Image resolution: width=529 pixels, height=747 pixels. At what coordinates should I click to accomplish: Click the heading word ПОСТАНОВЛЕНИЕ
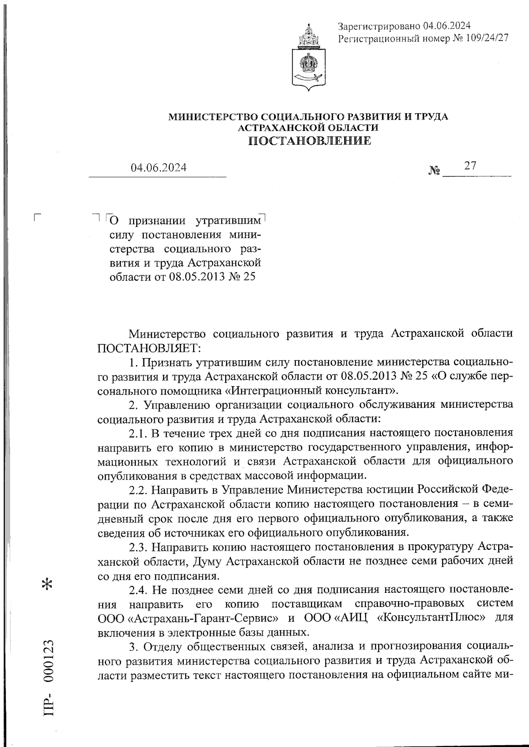point(309,141)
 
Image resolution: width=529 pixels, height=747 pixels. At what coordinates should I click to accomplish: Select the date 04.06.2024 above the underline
point(158,168)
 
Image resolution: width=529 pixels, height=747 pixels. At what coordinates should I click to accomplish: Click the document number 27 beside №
point(470,166)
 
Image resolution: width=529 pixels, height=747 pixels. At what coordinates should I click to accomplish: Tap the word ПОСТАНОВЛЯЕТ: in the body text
point(149,348)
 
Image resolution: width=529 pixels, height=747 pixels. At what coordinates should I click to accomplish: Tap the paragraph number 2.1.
point(138,433)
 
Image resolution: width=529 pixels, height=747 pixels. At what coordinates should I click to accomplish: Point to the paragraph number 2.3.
point(138,547)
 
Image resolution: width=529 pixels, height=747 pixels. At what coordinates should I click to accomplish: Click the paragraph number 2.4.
point(138,590)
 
